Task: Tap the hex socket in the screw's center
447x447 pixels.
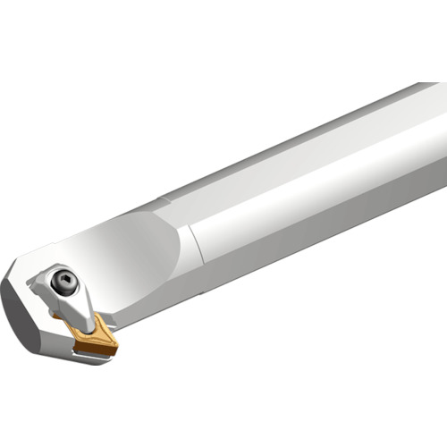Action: coord(63,279)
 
